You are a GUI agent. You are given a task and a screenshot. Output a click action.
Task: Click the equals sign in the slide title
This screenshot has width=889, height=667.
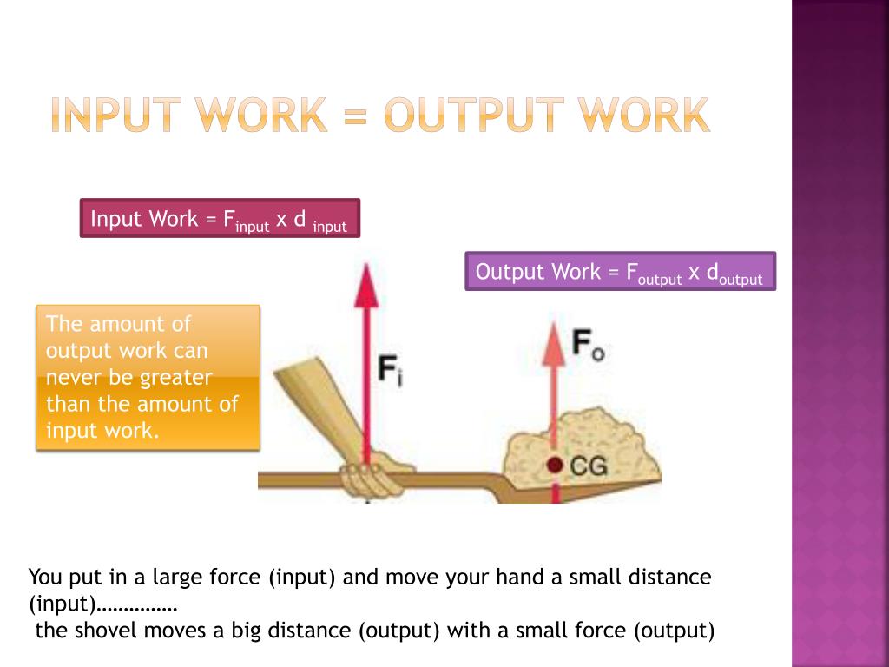click(x=356, y=116)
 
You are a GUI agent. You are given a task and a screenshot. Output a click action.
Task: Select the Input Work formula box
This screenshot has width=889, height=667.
click(x=219, y=219)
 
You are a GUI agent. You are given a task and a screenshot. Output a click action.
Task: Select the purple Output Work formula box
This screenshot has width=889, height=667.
click(x=619, y=272)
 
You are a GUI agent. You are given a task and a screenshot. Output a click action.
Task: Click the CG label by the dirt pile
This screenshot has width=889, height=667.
click(x=589, y=466)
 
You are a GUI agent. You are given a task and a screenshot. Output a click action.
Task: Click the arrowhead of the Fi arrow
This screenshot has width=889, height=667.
click(x=367, y=282)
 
